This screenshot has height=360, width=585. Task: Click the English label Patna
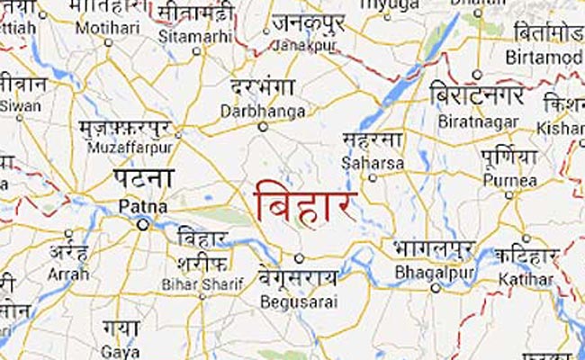click(x=137, y=207)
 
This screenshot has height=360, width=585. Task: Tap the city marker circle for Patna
click(x=142, y=225)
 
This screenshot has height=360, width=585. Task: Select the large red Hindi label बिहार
click(x=306, y=201)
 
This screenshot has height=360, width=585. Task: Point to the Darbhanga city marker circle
click(x=264, y=128)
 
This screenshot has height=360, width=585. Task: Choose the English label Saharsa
click(x=367, y=163)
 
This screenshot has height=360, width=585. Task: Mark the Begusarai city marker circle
click(x=300, y=258)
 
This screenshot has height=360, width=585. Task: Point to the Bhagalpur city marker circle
click(x=436, y=288)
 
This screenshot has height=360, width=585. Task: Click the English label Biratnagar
click(x=468, y=119)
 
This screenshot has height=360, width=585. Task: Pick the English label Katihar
click(x=529, y=280)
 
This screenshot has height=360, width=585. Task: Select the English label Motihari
click(x=99, y=27)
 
